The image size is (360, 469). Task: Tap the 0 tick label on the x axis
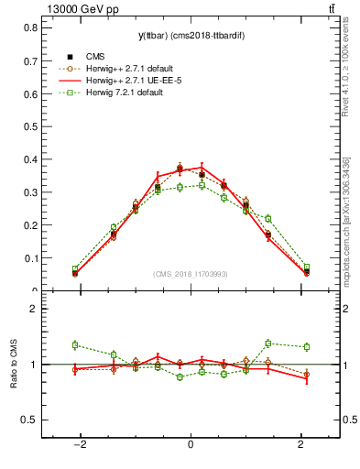(x=191, y=445)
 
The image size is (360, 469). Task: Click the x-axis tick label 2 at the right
(x=301, y=445)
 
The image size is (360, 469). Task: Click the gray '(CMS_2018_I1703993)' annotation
(x=191, y=274)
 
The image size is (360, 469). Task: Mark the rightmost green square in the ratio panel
(x=307, y=346)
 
